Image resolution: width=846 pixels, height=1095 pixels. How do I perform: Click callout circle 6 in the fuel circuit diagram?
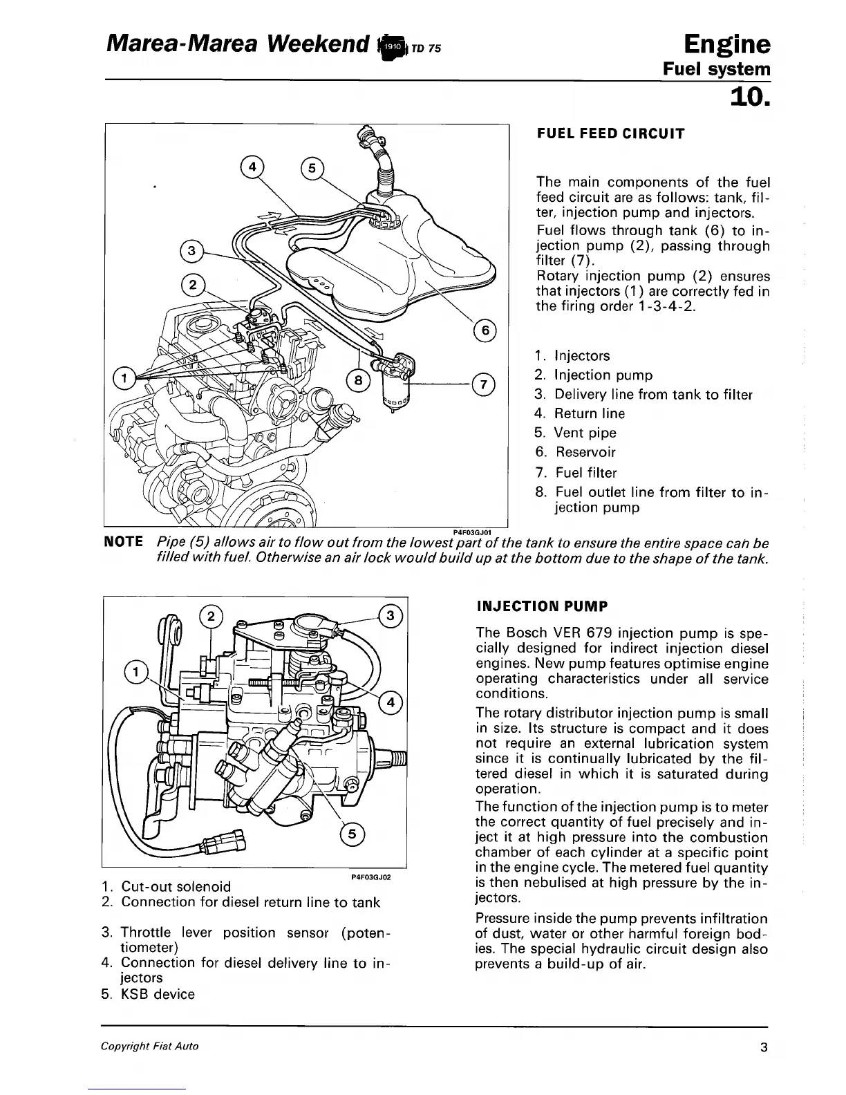[485, 330]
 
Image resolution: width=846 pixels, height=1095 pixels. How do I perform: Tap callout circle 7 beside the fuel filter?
[484, 384]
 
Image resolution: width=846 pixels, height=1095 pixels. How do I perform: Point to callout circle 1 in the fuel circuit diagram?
[124, 377]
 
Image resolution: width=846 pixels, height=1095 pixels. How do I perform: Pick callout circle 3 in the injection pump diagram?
[390, 616]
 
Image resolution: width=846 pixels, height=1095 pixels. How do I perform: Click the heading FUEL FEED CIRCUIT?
[610, 133]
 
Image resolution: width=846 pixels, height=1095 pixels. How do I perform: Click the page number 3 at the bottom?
[762, 1047]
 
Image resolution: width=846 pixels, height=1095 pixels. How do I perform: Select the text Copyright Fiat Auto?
[150, 1046]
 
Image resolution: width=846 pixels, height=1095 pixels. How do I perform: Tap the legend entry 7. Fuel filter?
[576, 473]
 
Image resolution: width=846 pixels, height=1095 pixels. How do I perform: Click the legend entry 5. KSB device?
[148, 994]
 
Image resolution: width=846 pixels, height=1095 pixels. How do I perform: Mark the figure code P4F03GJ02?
[371, 877]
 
